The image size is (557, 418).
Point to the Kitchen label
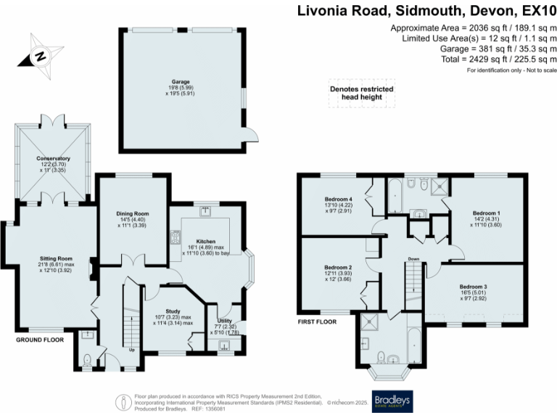(x=206, y=241)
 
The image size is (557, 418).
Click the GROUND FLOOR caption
(x=40, y=339)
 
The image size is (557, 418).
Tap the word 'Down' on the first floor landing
(x=413, y=258)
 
